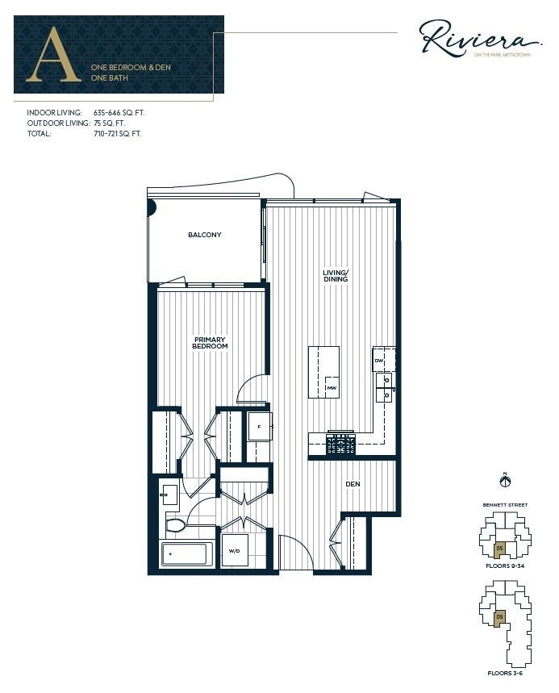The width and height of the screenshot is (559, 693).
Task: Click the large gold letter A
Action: coord(54,56)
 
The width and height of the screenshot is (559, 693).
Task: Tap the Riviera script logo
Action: coord(479,40)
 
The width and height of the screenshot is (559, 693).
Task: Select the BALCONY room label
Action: coord(204,235)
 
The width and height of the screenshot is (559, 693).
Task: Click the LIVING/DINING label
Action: coord(335,276)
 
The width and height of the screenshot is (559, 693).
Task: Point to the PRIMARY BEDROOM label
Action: coord(210,343)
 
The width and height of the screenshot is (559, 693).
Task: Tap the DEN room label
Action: coord(353,484)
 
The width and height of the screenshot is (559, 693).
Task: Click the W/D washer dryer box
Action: coord(235,551)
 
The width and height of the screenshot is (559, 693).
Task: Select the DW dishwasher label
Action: coord(378,361)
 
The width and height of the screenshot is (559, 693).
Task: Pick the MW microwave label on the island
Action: coord(331,388)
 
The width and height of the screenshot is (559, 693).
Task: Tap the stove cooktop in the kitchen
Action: coord(340,443)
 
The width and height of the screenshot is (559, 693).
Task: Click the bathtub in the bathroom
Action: coord(186,554)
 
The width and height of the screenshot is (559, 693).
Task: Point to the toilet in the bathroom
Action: coord(174,525)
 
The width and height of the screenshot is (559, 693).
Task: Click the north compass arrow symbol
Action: coord(506,482)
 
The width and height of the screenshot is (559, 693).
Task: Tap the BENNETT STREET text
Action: coord(506,505)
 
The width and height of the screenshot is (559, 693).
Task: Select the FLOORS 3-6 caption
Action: coord(506,672)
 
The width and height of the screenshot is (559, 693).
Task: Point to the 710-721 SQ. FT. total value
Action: coord(117,134)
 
